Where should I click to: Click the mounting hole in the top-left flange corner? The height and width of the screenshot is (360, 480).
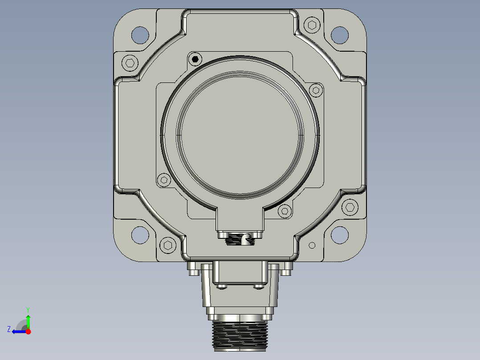click(x=140, y=35)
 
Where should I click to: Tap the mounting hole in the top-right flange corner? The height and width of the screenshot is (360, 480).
click(x=340, y=35)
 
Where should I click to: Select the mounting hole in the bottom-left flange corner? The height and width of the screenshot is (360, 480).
click(x=140, y=235)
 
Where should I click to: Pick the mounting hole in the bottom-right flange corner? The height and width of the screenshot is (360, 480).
click(x=340, y=235)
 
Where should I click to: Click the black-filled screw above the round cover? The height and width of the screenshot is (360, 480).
click(x=195, y=59)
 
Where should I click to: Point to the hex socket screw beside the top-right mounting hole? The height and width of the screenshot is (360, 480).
click(x=312, y=25)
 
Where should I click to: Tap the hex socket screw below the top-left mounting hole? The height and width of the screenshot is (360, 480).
click(x=130, y=63)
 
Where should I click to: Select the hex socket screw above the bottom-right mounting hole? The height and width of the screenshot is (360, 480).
click(x=350, y=207)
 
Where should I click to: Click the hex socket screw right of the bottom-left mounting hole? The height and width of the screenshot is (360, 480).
click(x=168, y=245)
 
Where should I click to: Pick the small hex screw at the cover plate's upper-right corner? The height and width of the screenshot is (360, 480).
click(x=316, y=90)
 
